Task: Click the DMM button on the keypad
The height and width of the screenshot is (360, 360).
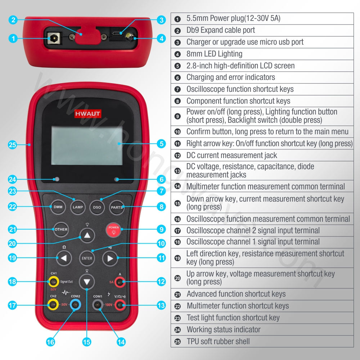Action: [x=58, y=207]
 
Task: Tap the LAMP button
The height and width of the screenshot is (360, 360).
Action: [x=78, y=207]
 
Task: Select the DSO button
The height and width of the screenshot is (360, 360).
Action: [x=97, y=207]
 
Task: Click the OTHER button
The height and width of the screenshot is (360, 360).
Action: [x=61, y=229]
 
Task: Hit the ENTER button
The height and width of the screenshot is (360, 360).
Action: [x=87, y=258]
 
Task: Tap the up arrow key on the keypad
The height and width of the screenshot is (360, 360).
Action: [x=87, y=235]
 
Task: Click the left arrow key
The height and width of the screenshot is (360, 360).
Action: [x=64, y=258]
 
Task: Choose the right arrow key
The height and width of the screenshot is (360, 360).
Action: [x=110, y=258]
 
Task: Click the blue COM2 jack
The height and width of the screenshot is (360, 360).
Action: [x=75, y=305]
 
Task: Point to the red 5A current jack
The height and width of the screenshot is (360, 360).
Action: [x=120, y=282]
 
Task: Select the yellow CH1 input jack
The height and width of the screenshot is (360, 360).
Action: [x=53, y=282]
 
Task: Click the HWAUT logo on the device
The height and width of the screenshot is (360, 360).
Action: [x=88, y=114]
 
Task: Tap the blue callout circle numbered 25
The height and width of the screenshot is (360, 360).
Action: [x=12, y=145]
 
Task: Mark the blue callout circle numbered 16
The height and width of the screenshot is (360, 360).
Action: [x=50, y=342]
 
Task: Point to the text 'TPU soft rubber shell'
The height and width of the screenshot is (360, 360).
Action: [x=218, y=341]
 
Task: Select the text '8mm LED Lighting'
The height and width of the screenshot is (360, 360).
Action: [x=215, y=54]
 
